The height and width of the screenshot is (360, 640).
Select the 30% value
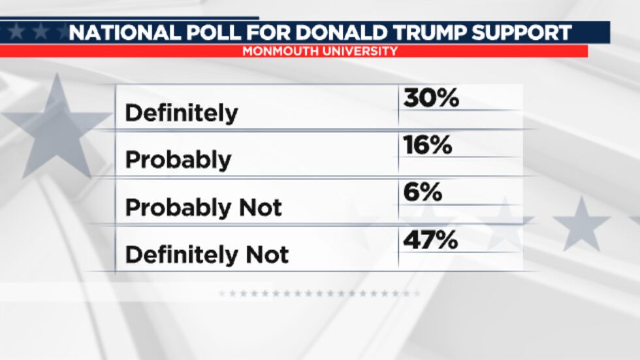coord(431,98)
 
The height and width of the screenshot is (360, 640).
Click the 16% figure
coord(428,146)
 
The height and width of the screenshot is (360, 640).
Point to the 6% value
coord(423,193)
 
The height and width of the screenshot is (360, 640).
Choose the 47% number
coord(430,240)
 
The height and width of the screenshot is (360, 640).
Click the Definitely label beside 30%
coord(182,113)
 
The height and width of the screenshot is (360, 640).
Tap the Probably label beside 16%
coord(178,161)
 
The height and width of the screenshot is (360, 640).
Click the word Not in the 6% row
coord(259,208)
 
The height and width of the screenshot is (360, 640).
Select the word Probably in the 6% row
coord(178,208)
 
